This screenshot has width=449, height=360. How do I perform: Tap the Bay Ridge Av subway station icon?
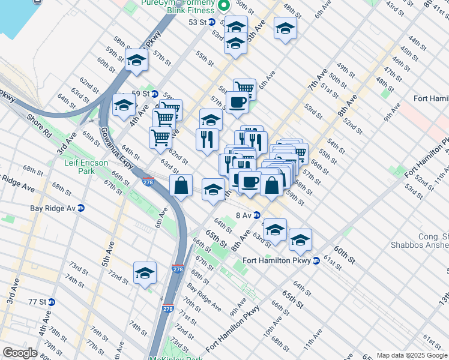(81, 208)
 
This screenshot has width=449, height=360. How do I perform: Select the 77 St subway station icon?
(52, 302)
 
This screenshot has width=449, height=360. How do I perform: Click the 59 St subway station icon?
(155, 94)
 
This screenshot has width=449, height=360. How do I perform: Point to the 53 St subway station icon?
(211, 22)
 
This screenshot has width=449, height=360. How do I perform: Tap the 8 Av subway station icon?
(256, 215)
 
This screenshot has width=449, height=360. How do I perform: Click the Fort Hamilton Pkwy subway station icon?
(316, 260)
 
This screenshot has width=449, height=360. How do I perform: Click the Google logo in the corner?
(20, 353)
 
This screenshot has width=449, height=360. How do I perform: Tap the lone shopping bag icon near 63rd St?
(181, 186)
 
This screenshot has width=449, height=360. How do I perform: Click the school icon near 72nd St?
(145, 274)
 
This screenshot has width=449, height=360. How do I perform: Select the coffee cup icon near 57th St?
(237, 102)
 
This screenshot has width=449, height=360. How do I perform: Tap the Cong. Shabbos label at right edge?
(423, 240)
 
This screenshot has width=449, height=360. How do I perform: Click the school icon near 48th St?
(285, 28)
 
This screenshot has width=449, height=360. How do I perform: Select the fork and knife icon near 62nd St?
(206, 140)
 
